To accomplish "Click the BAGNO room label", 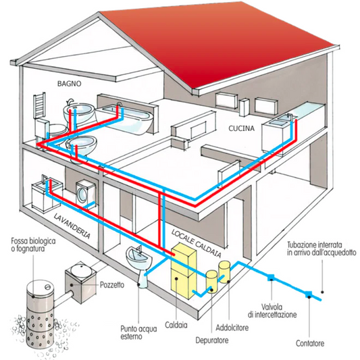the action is pyautogui.click(x=70, y=84).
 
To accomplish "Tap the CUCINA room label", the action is pyautogui.click(x=241, y=128).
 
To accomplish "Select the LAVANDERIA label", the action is pyautogui.click(x=72, y=226).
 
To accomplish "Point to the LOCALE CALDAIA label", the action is pyautogui.click(x=197, y=243).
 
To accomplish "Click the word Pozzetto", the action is pyautogui.click(x=112, y=285).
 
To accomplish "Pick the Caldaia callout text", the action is pyautogui.click(x=176, y=325).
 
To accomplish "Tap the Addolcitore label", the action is pyautogui.click(x=232, y=328).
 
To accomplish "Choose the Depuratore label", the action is pyautogui.click(x=212, y=340).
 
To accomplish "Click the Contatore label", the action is pyautogui.click(x=310, y=344).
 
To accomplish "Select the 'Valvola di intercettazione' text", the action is pyautogui.click(x=272, y=311).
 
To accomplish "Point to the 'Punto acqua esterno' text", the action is pyautogui.click(x=138, y=333).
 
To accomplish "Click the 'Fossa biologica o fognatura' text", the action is pyautogui.click(x=33, y=245).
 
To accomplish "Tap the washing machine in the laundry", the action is pyautogui.click(x=85, y=193).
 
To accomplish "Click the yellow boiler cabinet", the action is pyautogui.click(x=184, y=271).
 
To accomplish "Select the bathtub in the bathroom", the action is pyautogui.click(x=125, y=119).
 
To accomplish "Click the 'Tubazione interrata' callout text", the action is pyautogui.click(x=322, y=249).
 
